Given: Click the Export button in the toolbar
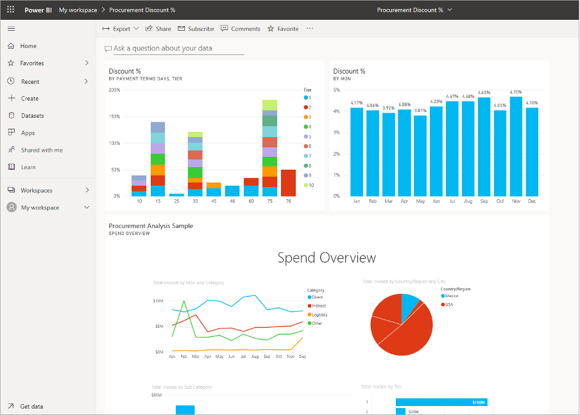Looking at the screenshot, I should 121,29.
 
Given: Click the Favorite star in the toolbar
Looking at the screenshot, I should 283,29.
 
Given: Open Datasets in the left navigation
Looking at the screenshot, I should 32,116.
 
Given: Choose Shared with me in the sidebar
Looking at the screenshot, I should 42,150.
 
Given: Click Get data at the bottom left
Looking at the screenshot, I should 31,406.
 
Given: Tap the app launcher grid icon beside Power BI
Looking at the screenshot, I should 10,10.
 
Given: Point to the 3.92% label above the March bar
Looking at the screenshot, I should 388,108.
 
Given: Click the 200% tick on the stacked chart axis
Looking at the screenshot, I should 114,90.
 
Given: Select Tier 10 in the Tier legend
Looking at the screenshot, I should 311,185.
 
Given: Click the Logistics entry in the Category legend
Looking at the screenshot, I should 319,314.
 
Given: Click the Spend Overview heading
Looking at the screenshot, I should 327,257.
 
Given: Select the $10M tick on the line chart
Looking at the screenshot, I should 158,300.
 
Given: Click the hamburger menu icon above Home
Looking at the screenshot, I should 11,29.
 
